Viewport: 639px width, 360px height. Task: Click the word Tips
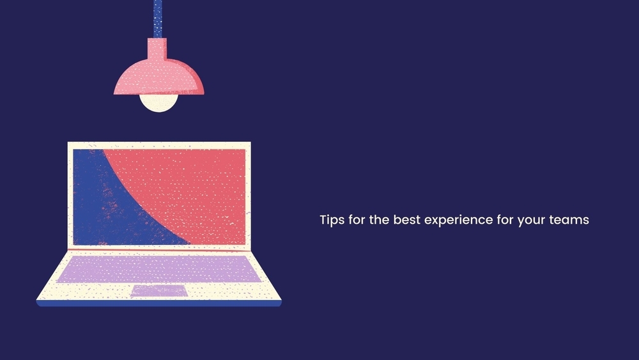(332, 220)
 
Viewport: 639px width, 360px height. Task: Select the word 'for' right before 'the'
(357, 219)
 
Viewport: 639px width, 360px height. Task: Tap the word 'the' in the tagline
(379, 219)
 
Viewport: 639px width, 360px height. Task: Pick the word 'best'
(406, 219)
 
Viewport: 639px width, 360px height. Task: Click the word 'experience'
(458, 220)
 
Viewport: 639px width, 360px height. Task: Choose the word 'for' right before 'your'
(505, 219)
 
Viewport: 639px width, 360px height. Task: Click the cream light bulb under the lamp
(159, 103)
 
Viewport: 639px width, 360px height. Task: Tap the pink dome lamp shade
(159, 77)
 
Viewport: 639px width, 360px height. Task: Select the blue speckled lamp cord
(158, 19)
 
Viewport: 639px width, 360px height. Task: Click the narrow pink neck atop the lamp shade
(157, 49)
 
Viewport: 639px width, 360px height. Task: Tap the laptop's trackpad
(159, 291)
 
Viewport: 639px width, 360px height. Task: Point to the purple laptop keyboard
(159, 269)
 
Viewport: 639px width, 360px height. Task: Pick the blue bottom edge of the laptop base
(159, 303)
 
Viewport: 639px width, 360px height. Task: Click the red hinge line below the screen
(159, 249)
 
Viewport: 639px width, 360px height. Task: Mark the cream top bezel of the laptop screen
(159, 146)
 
